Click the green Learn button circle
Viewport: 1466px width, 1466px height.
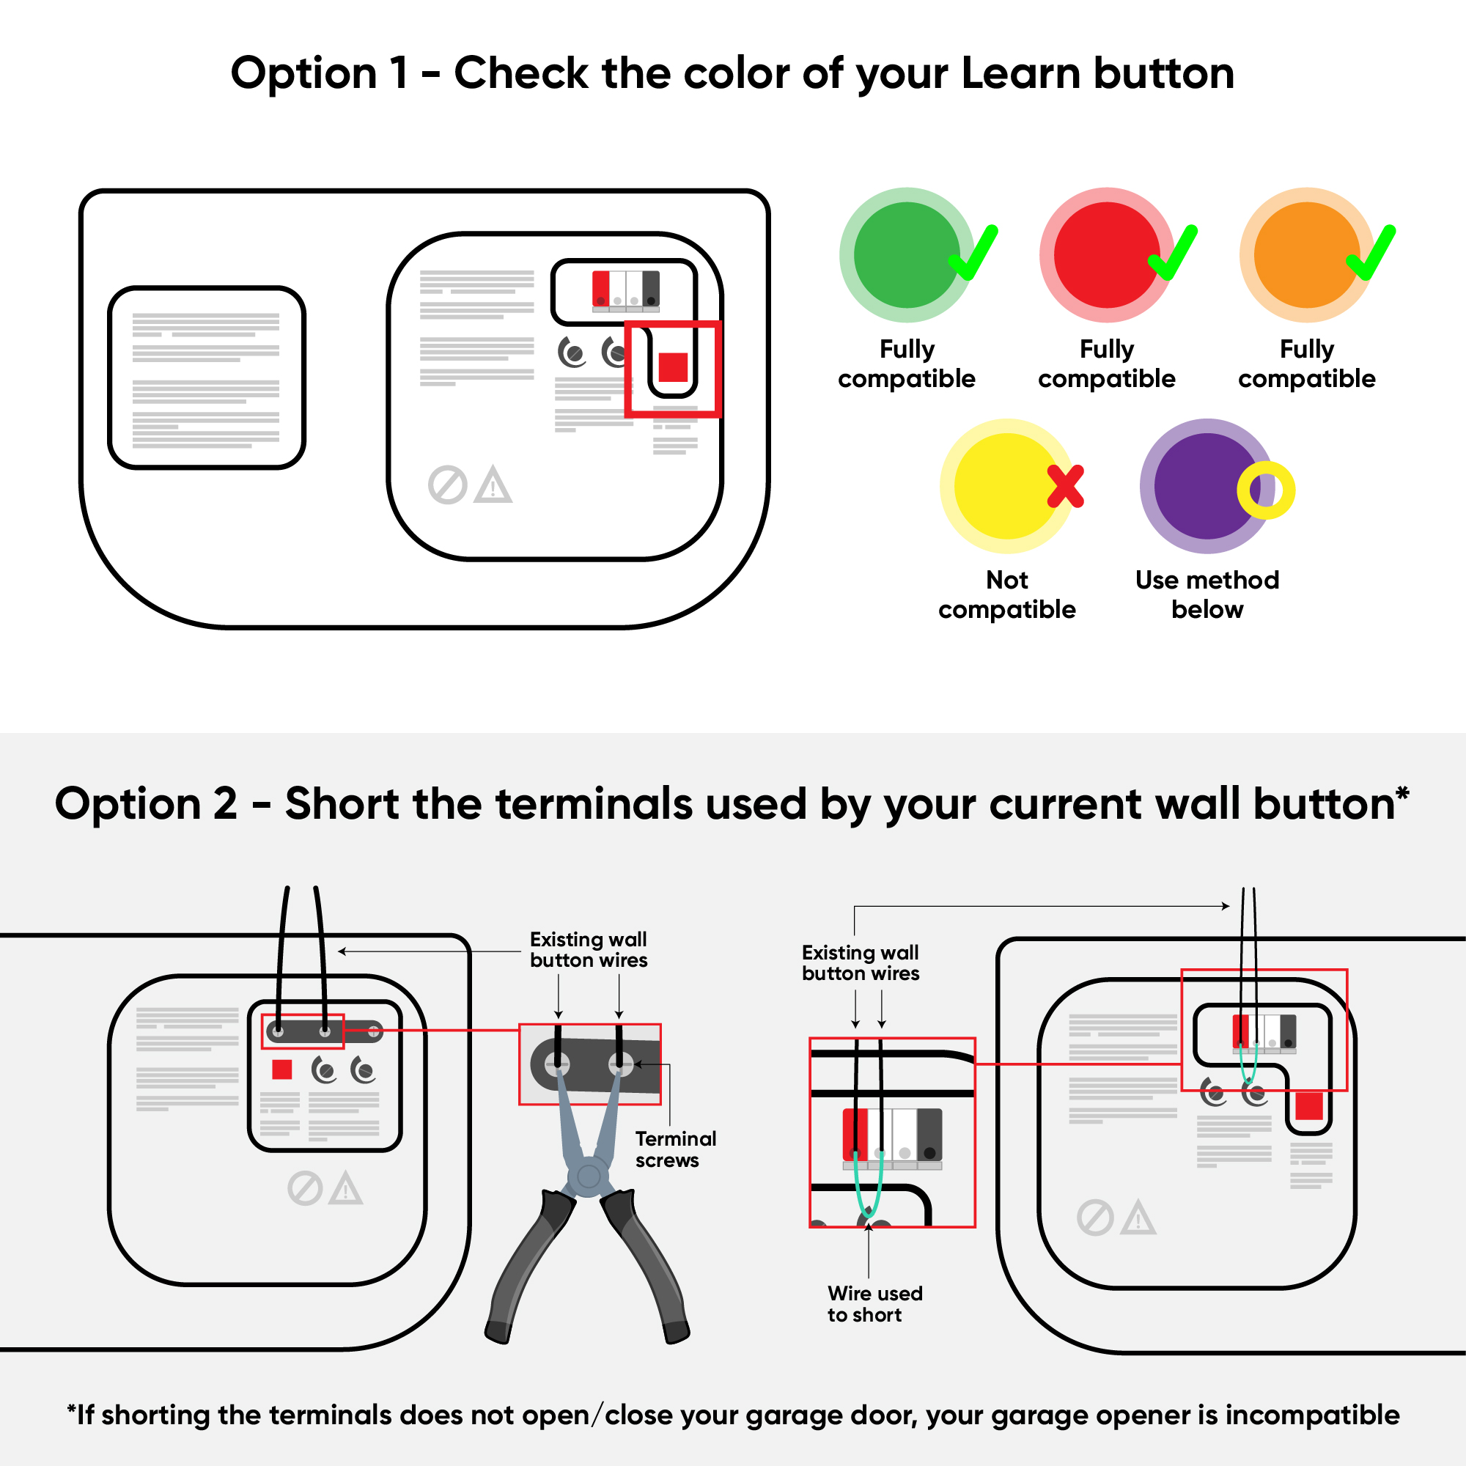[906, 255]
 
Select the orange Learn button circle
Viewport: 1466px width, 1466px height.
[1307, 255]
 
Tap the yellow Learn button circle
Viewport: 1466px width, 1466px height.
[1007, 486]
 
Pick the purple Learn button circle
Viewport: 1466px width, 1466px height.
[1207, 486]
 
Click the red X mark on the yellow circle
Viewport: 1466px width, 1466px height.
[1065, 486]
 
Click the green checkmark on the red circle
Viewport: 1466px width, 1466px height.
[1173, 253]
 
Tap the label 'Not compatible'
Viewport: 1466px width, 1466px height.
[1007, 595]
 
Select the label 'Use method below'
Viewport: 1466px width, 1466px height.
[1207, 595]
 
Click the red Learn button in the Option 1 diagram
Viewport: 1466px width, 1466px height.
[673, 367]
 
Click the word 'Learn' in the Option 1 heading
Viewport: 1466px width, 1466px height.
[1020, 73]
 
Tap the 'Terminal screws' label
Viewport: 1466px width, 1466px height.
[675, 1149]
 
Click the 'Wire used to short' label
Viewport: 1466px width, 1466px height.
[875, 1303]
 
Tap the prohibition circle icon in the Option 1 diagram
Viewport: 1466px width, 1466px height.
[448, 485]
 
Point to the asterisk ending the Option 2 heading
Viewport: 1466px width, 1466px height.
[1402, 793]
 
